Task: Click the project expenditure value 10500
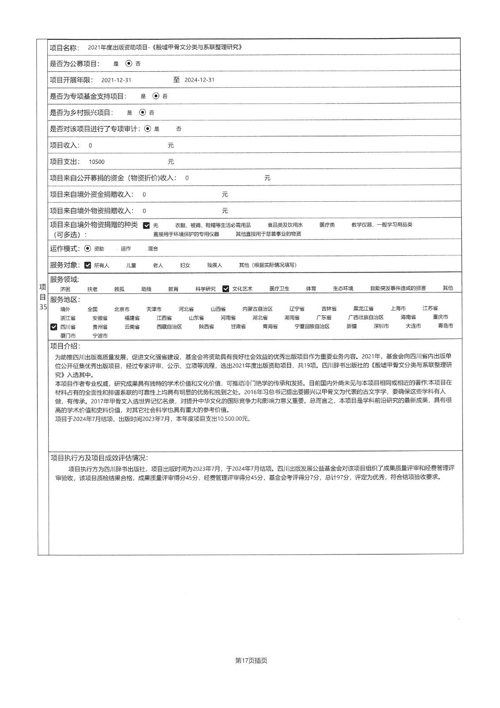pos(96,162)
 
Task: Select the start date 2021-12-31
pos(116,80)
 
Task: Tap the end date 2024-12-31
pos(199,80)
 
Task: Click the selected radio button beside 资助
pos(88,248)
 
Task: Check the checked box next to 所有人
pos(88,265)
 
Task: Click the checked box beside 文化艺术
pos(226,289)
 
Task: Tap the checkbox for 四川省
pos(54,327)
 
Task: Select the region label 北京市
pos(122,309)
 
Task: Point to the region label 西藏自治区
pos(169,327)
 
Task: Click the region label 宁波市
pos(100,336)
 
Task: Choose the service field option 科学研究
pos(206,289)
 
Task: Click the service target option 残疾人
pos(214,265)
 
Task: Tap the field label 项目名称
pos(65,47)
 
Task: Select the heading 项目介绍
pos(65,346)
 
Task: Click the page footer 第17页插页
pos(251,661)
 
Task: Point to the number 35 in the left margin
pos(43,306)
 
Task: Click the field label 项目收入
pos(65,145)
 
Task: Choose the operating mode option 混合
pos(153,249)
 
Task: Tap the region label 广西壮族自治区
pos(366,317)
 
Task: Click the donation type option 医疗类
pos(327,225)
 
